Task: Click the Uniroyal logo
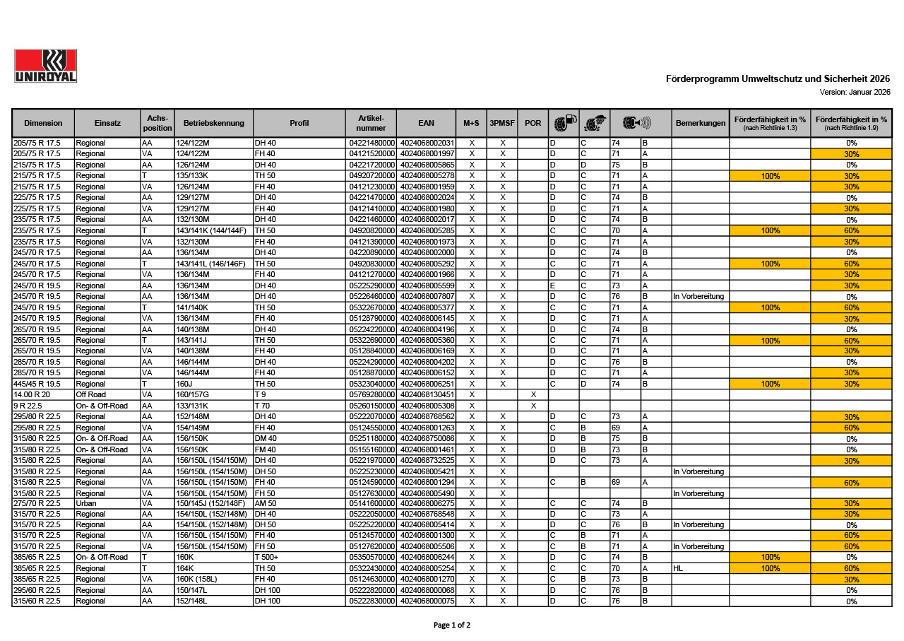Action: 45,66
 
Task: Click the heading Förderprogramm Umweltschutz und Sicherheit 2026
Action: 778,79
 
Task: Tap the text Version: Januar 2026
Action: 855,92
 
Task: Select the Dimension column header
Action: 43,123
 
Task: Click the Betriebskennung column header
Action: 213,123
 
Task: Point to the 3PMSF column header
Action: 502,123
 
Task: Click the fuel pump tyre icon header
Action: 564,123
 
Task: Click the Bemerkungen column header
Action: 700,123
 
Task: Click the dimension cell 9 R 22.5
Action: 28,406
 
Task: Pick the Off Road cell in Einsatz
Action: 91,394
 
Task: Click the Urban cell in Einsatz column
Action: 86,503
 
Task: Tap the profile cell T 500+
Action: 266,558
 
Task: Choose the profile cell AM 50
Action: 265,503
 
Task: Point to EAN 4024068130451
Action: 427,394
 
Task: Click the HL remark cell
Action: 679,568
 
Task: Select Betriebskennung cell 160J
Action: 184,384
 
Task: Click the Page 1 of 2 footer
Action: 451,625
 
